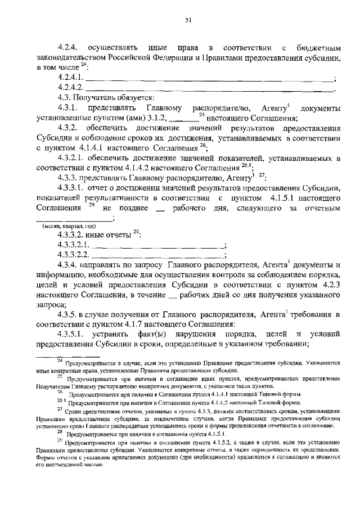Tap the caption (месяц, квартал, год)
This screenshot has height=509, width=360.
point(69,225)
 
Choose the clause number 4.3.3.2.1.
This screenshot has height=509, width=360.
point(73,245)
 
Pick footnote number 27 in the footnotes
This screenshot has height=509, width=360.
point(60,410)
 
